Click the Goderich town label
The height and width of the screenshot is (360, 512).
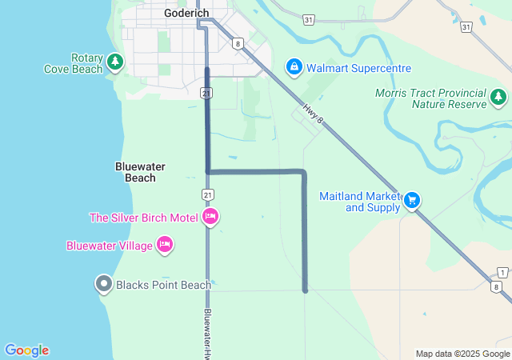(x=186, y=13)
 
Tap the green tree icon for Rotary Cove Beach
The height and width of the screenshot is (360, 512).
(x=115, y=61)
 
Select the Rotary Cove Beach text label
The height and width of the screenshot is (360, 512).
(x=74, y=64)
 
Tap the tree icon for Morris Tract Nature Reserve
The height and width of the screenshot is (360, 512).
(x=498, y=97)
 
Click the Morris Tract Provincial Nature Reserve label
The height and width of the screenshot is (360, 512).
(x=430, y=99)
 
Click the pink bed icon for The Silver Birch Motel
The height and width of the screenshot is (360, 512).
(x=211, y=217)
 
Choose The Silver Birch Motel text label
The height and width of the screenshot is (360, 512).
(x=144, y=218)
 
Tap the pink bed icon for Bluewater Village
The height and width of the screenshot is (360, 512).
(x=164, y=245)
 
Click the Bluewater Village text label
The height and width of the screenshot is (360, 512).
(x=109, y=246)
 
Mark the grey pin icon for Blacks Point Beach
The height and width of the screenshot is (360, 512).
(x=103, y=283)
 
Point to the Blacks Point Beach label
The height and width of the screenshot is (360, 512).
(x=163, y=285)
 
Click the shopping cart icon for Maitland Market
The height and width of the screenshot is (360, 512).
(x=412, y=199)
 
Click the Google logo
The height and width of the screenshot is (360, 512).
(x=26, y=350)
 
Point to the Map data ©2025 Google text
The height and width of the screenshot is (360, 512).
(x=462, y=354)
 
